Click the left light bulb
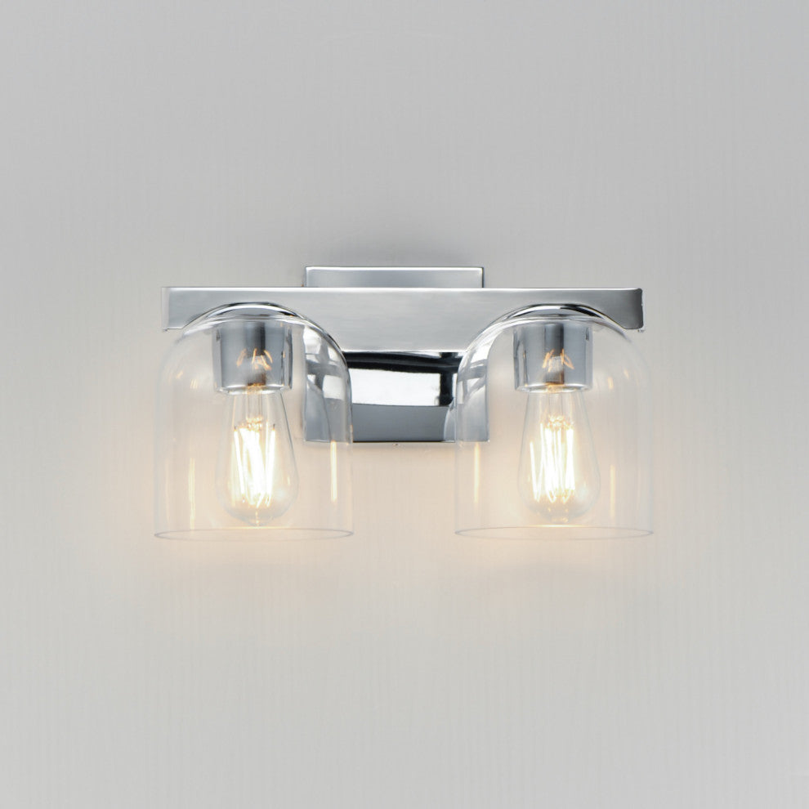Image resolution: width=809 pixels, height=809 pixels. coord(257,458)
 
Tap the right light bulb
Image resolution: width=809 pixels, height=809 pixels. coord(558,458)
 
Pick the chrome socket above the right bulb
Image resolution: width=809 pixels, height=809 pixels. coord(552,355)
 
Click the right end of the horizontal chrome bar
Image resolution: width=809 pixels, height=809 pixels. coord(635,306)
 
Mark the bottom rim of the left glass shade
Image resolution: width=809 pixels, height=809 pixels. coord(253,535)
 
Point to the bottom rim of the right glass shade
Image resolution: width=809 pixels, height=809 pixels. coord(554,534)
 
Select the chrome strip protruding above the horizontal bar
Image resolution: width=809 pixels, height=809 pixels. coord(394,276)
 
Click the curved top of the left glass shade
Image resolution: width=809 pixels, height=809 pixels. coord(253,310)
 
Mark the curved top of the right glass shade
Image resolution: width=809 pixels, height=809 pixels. coord(556,311)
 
